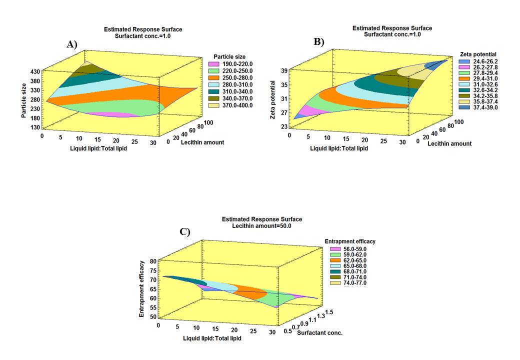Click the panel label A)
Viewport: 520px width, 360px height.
[72, 44]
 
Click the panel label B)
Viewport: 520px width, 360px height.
[319, 42]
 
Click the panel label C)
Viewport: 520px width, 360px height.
[184, 231]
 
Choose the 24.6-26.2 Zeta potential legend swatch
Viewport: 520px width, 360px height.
[463, 61]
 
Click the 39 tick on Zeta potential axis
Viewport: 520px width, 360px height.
[284, 71]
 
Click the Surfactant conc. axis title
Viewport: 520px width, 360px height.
[320, 332]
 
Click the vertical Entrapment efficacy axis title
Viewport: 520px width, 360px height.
[143, 289]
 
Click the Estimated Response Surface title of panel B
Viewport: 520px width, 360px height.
[392, 28]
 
